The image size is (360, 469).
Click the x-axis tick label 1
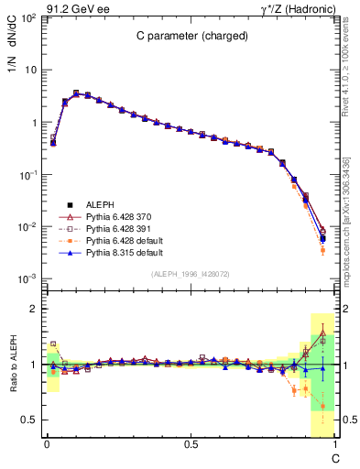pos(335,444)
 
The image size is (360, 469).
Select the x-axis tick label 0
pos(45,444)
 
